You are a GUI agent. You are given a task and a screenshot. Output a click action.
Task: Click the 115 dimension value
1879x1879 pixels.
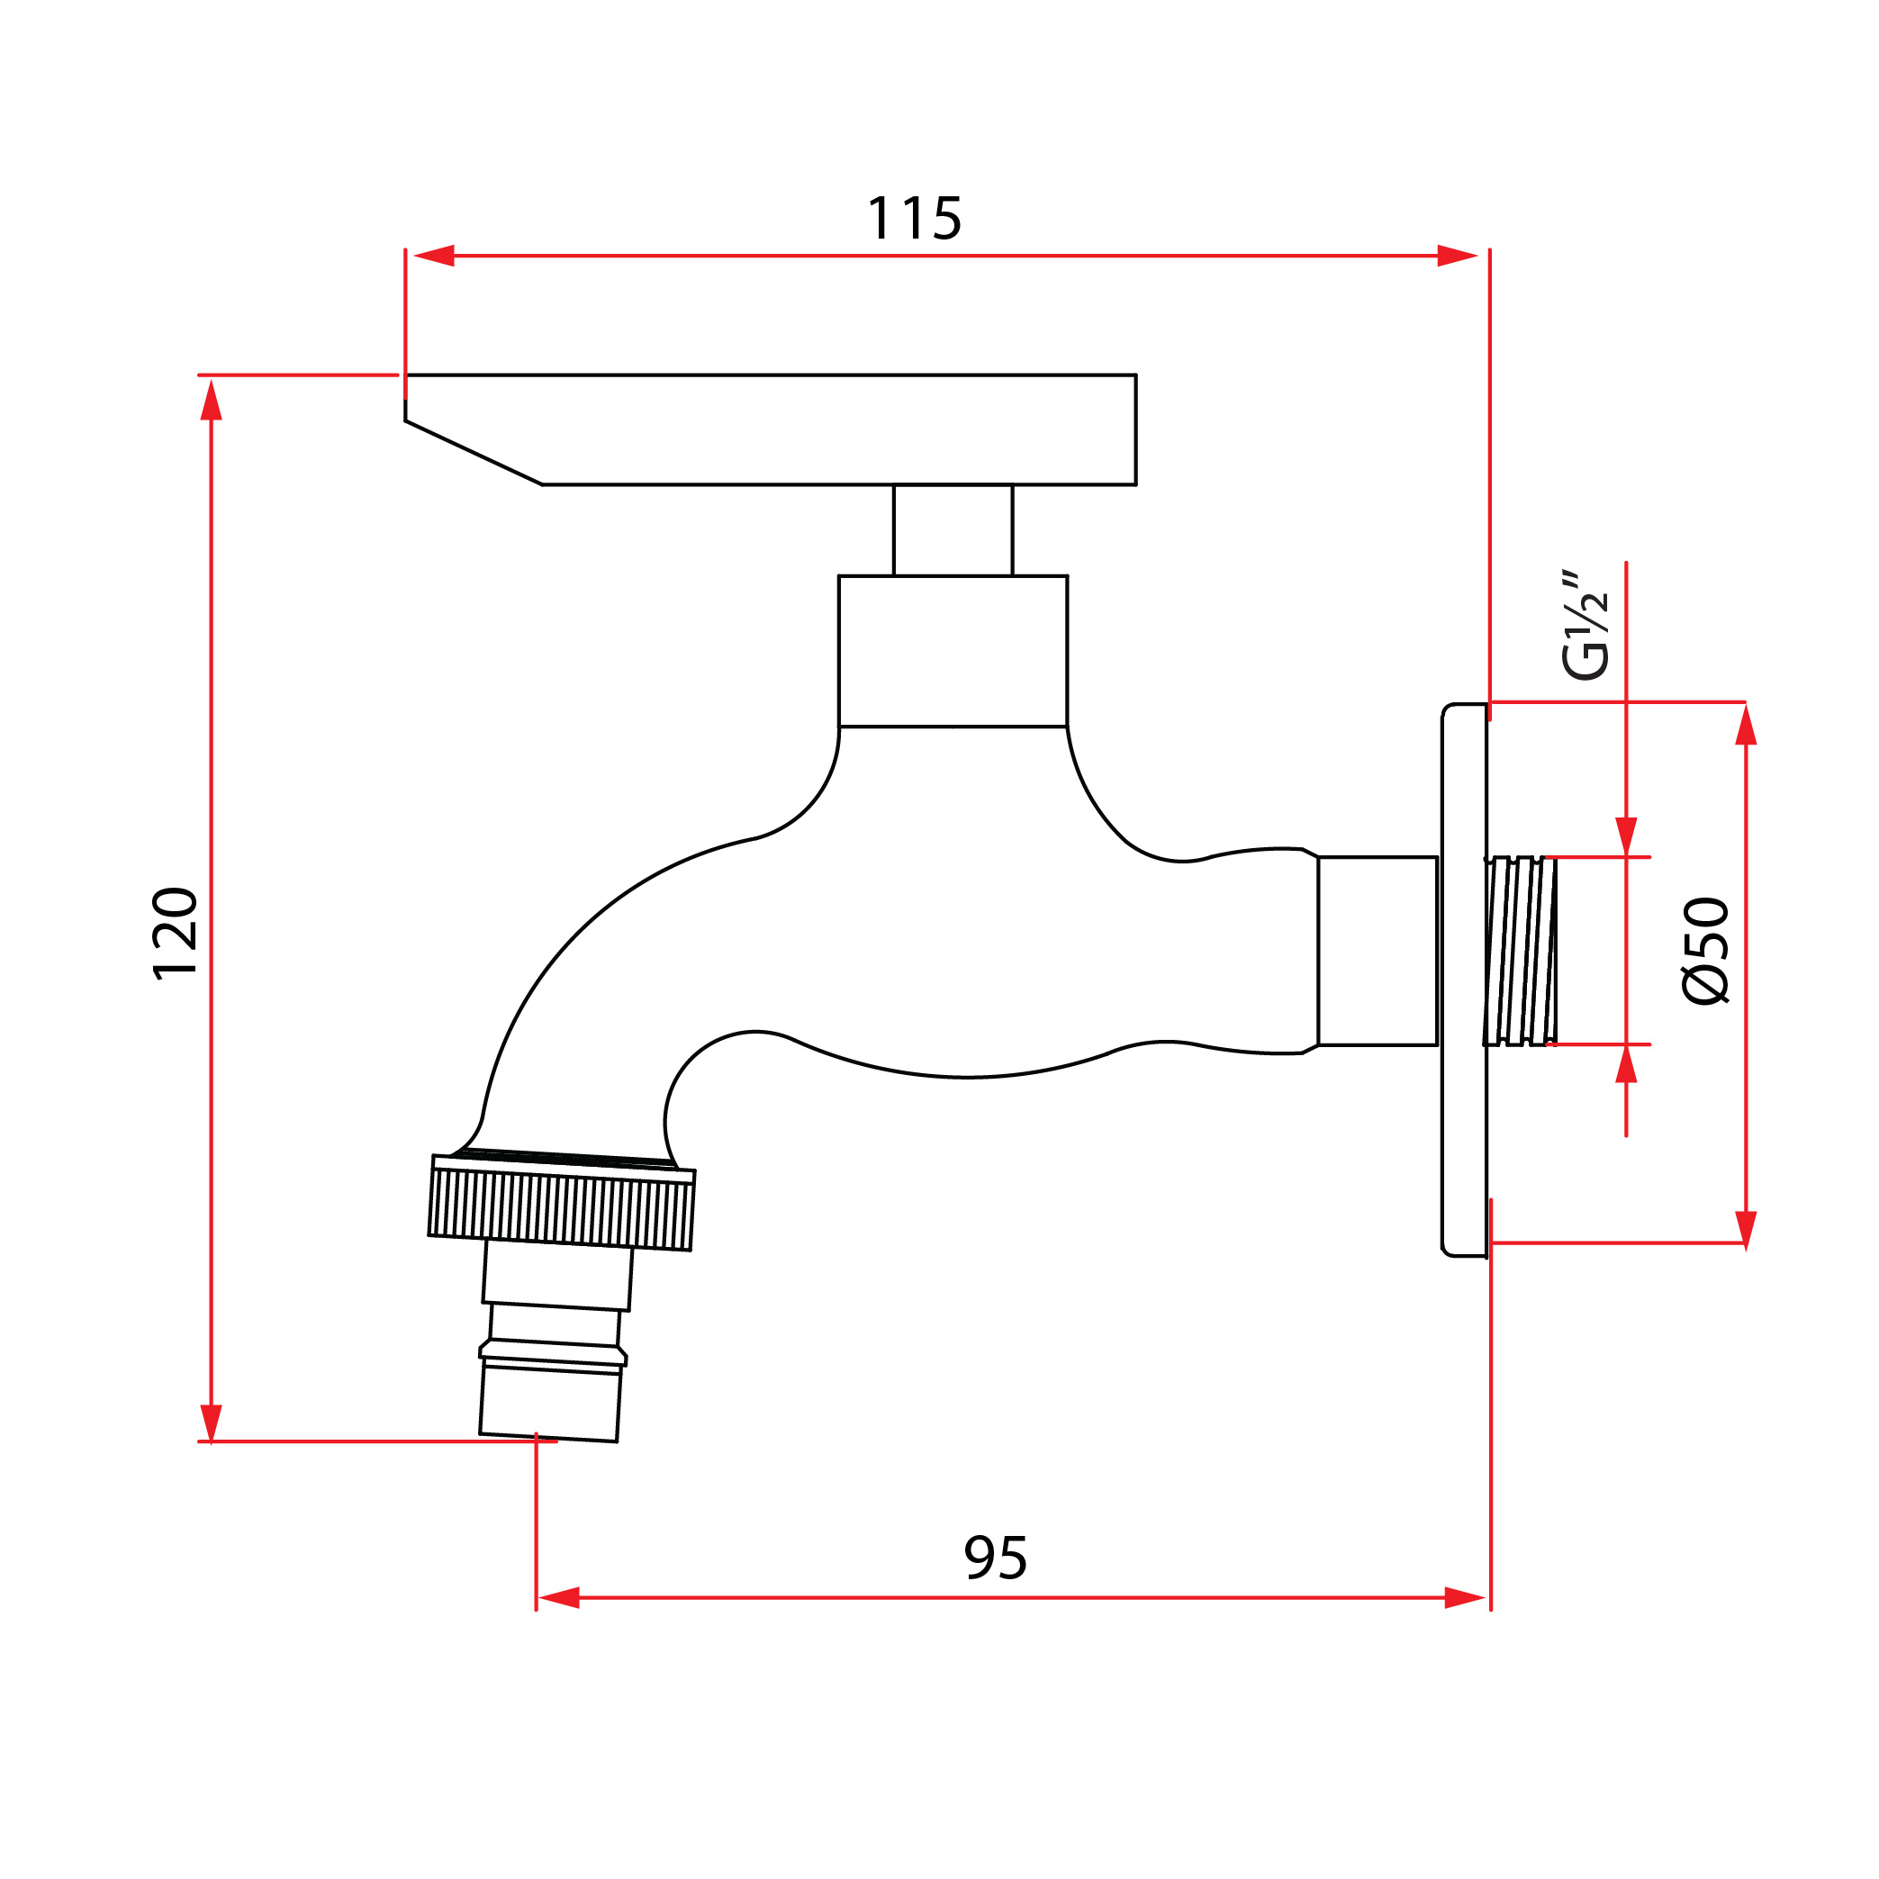913,219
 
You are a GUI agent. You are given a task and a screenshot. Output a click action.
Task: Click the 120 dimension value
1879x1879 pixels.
176,934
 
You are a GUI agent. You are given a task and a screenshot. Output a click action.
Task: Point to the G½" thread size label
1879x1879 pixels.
1585,626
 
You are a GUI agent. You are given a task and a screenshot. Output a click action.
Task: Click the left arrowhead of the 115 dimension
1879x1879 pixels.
434,256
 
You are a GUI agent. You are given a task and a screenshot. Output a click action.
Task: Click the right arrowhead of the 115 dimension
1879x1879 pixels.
1457,256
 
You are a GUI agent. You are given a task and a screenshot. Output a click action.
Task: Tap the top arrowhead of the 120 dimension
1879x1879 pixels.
211,401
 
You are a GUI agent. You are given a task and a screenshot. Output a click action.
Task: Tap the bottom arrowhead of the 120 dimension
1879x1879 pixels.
211,1422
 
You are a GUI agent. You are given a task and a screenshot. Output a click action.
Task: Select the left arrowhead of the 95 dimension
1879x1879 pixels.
559,1598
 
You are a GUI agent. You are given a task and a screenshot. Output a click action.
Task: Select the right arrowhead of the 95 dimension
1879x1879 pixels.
1465,1598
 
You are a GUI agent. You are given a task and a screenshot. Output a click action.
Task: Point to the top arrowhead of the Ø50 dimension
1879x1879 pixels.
1746,726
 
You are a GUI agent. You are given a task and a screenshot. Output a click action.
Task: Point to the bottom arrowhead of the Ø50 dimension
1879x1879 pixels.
1746,1229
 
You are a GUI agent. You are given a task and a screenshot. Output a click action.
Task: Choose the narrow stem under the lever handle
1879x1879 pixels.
953,530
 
